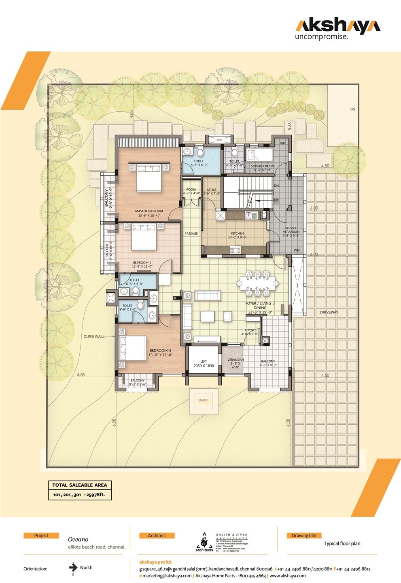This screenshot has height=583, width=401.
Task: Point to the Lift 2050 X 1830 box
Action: (x=204, y=364)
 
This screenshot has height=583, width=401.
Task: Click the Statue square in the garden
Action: (x=203, y=400)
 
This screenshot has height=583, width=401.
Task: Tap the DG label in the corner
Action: (x=352, y=109)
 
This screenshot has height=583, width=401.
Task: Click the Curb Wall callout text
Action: (x=94, y=336)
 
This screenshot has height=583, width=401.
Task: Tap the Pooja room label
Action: (x=191, y=191)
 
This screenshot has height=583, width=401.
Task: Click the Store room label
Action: (x=212, y=191)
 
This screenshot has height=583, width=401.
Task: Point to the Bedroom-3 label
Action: (x=160, y=353)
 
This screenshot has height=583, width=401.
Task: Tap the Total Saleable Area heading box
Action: (x=80, y=485)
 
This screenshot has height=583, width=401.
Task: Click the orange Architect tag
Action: (x=157, y=536)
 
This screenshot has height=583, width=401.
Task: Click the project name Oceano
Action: (x=78, y=539)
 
